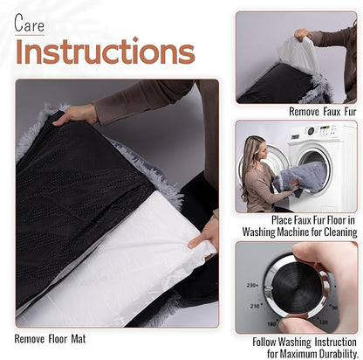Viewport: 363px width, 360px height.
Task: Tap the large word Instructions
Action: pyautogui.click(x=105, y=52)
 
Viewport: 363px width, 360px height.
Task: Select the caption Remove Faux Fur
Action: pyautogui.click(x=322, y=112)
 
